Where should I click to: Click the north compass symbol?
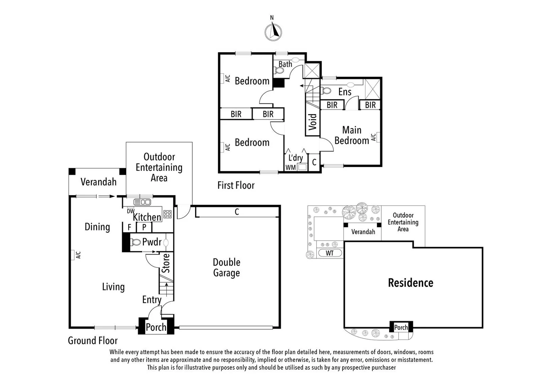pyautogui.click(x=273, y=32)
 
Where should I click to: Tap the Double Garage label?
pyautogui.click(x=226, y=267)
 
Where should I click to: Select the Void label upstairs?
pyautogui.click(x=312, y=122)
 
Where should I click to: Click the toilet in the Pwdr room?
pyautogui.click(x=135, y=242)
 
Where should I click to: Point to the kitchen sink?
pyautogui.click(x=142, y=202)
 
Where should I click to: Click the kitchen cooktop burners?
pyautogui.click(x=167, y=214)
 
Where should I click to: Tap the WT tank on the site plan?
pyautogui.click(x=329, y=253)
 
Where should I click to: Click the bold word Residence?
pyautogui.click(x=410, y=283)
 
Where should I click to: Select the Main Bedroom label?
pyautogui.click(x=351, y=135)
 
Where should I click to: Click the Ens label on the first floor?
pyautogui.click(x=345, y=92)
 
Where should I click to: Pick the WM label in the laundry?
pyautogui.click(x=290, y=167)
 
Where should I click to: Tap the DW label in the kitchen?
pyautogui.click(x=130, y=211)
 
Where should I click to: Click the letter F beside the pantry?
pyautogui.click(x=129, y=227)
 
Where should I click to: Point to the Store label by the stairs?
pyautogui.click(x=166, y=263)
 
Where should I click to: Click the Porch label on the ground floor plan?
pyautogui.click(x=156, y=327)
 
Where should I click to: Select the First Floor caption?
pyautogui.click(x=236, y=185)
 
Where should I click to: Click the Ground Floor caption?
pyautogui.click(x=92, y=341)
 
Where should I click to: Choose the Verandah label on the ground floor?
pyautogui.click(x=98, y=182)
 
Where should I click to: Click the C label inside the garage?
pyautogui.click(x=237, y=212)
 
